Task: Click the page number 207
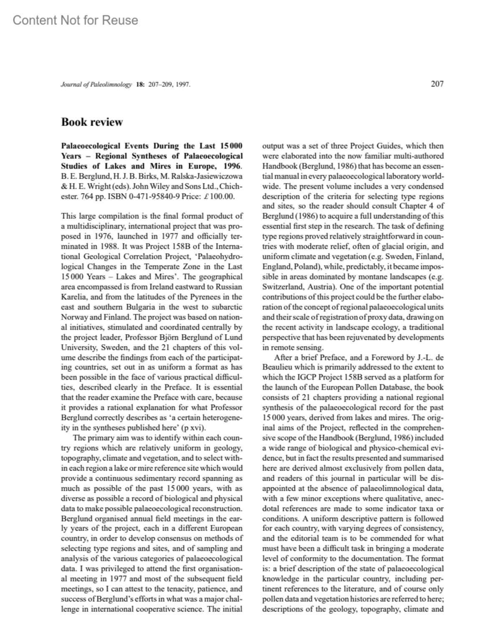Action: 437,84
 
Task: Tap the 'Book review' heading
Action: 92,122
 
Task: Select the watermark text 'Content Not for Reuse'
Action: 75,20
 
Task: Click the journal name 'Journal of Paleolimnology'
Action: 96,85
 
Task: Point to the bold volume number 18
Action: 140,85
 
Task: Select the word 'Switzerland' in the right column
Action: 281,287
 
